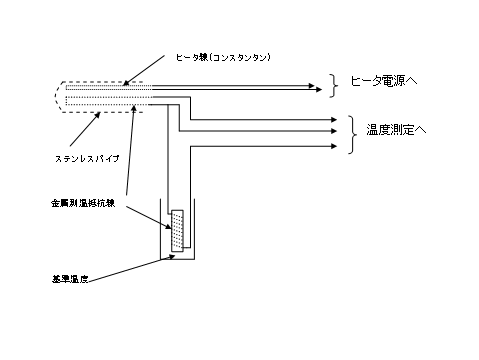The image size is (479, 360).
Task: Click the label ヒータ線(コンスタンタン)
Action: (222, 57)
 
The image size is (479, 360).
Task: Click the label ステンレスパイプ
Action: (89, 158)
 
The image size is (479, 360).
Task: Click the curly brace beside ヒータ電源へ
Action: (333, 87)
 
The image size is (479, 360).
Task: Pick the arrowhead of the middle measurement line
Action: (335, 130)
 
